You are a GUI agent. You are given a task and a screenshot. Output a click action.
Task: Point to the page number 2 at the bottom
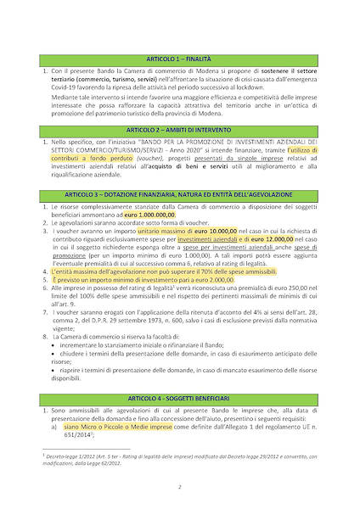click(179, 489)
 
